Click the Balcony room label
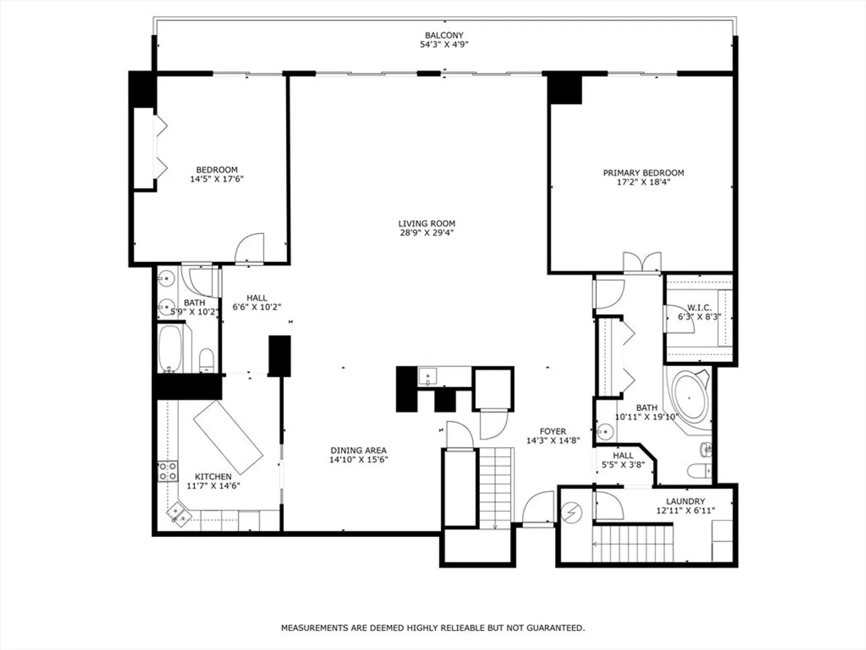point(444,35)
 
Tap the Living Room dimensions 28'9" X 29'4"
point(427,233)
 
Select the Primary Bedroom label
point(643,173)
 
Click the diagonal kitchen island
point(228,438)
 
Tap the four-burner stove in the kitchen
point(168,471)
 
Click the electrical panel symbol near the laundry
point(571,513)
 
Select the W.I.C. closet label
point(699,308)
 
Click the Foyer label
point(553,432)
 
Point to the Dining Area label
point(358,450)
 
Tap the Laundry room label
point(686,501)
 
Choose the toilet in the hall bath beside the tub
point(206,361)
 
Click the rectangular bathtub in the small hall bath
point(170,348)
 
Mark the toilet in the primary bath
point(699,471)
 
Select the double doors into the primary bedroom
point(642,262)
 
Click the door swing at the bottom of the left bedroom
point(250,248)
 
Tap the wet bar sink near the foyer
point(427,376)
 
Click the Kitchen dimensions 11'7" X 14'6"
point(213,486)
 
